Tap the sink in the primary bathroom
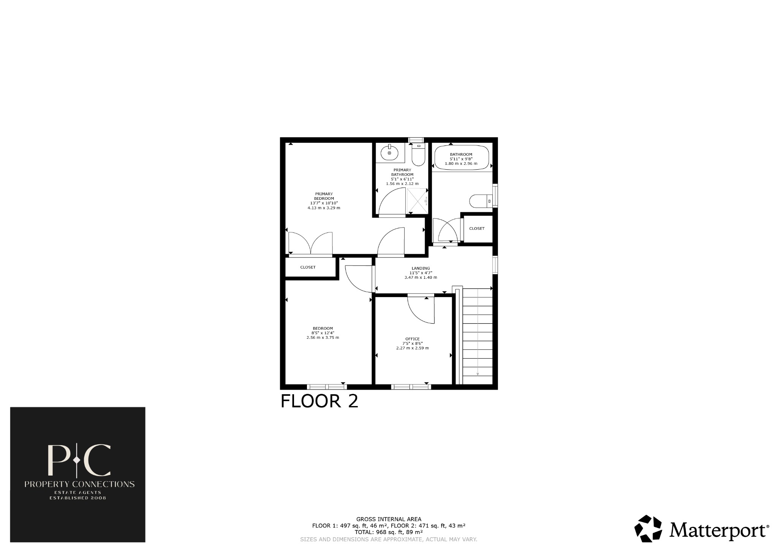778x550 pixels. [390, 153]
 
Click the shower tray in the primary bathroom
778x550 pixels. [417, 200]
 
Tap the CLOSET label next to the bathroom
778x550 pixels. [477, 229]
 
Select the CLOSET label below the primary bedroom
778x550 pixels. [308, 267]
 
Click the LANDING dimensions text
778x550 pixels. [421, 275]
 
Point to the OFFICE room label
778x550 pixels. [412, 339]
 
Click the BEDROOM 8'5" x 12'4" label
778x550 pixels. [323, 333]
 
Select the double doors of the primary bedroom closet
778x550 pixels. [310, 243]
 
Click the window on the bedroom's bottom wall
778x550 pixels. [327, 387]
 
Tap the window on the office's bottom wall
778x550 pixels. [411, 387]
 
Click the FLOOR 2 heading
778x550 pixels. [319, 401]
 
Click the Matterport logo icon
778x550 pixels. [648, 528]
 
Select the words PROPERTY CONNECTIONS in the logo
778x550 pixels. [79, 484]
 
